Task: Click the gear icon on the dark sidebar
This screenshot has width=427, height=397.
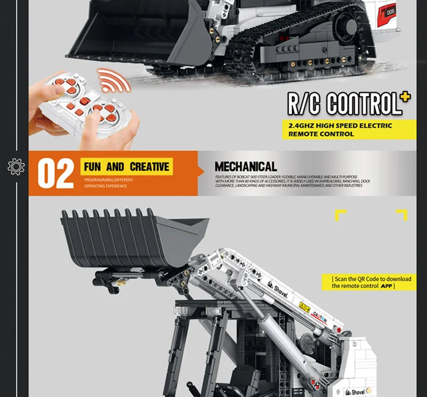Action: (16, 166)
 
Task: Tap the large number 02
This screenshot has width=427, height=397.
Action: (55, 173)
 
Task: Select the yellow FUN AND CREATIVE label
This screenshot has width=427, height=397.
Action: (126, 167)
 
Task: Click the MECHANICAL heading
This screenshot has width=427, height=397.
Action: (245, 167)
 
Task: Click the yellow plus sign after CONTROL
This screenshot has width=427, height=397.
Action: (405, 97)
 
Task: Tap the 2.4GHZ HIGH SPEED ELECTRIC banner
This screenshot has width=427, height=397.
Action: (340, 130)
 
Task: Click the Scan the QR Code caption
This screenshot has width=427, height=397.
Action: (374, 282)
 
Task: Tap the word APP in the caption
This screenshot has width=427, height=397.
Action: (387, 286)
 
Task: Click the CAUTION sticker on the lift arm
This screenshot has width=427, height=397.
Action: (319, 316)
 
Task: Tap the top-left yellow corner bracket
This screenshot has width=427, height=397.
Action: (340, 215)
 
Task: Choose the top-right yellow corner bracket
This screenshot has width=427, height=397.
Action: (402, 215)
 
